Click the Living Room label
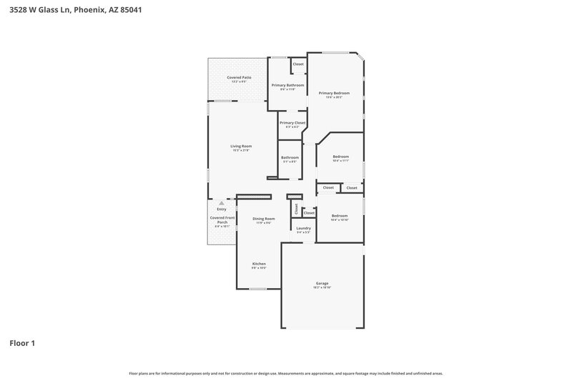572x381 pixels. (241, 146)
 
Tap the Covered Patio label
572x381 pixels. (239, 77)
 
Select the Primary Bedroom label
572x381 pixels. (334, 93)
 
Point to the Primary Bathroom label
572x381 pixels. (287, 85)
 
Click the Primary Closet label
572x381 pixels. (292, 123)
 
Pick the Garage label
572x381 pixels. (322, 283)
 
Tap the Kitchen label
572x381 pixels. (259, 264)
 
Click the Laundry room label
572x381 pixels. (303, 228)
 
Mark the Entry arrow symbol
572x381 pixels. (222, 203)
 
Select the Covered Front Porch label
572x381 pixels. (222, 219)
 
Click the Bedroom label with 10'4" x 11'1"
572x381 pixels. (340, 157)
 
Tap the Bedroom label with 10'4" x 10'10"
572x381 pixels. (340, 216)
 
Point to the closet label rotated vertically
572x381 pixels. (295, 208)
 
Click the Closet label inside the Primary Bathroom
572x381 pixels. (298, 64)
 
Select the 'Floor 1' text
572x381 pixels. (21, 343)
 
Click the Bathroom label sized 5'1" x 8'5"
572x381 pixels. (290, 157)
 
